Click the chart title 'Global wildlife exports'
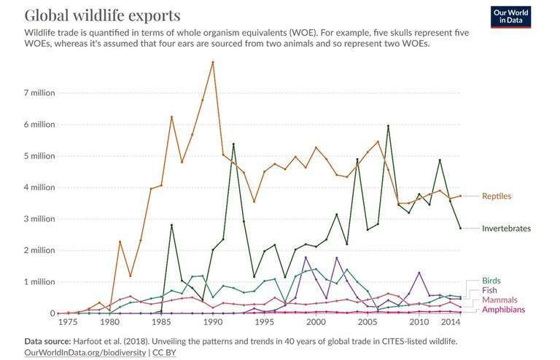103,15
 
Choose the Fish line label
490,290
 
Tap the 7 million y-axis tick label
37,93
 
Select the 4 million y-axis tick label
37,187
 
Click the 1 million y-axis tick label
37,281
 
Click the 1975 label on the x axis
69,322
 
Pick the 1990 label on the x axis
212,322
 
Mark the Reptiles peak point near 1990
212,62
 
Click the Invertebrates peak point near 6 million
388,125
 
